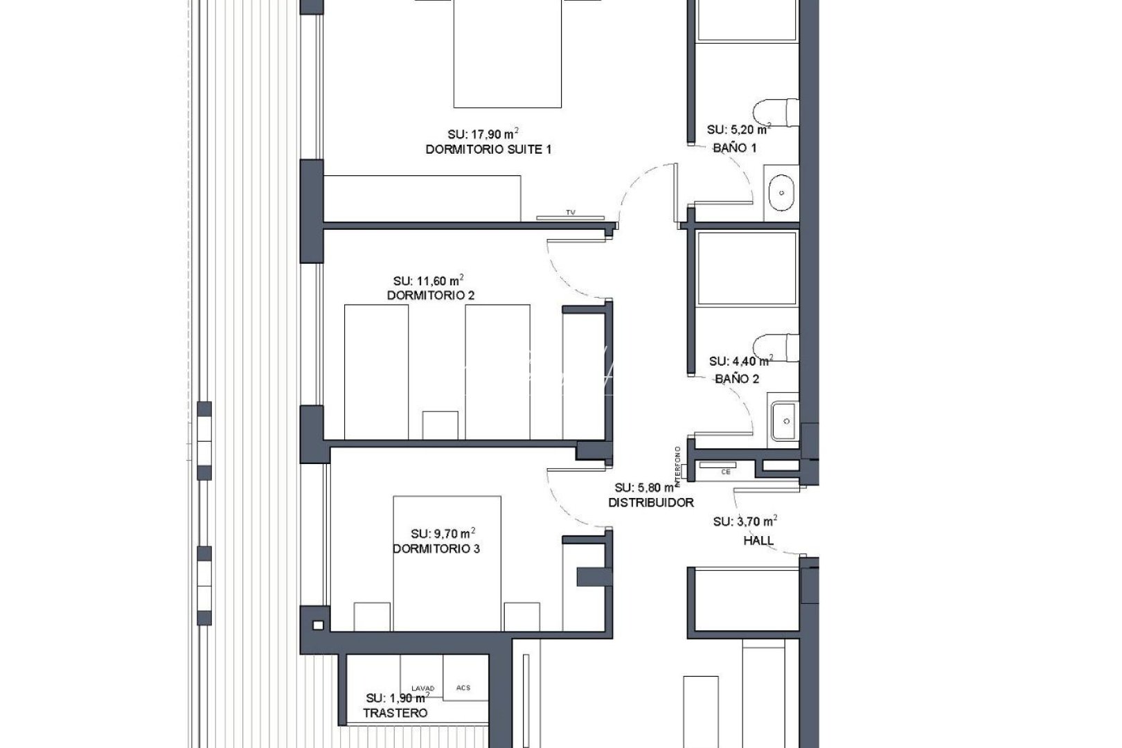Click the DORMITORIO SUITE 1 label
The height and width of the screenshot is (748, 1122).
488,149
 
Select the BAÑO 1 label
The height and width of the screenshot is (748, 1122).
735,148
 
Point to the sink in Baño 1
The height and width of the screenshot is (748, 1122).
782,192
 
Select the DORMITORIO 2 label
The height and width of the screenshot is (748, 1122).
431,296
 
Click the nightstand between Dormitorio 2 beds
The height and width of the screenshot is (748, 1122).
440,424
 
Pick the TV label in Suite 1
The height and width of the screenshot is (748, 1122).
571,213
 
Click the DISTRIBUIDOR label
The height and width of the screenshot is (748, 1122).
651,503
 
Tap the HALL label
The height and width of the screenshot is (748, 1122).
758,541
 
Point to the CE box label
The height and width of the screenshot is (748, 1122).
726,472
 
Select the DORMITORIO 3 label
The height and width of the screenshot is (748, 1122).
436,549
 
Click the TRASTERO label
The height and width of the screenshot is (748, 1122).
395,713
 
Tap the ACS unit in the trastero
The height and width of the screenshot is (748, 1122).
463,687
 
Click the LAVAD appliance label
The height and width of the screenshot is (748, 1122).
422,688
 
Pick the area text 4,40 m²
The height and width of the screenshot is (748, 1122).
740,361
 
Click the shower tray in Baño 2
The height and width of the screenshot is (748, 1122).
747,269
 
